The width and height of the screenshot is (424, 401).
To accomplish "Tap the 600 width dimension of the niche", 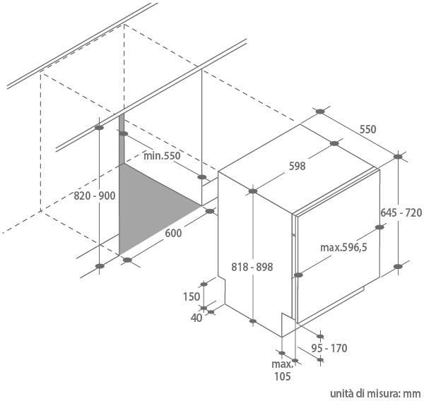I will tap(174, 234).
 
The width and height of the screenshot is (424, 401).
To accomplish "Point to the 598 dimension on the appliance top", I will tap(297, 167).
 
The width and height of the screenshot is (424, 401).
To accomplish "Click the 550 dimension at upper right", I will tap(367, 129).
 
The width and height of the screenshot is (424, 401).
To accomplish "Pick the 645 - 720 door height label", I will tap(401, 213).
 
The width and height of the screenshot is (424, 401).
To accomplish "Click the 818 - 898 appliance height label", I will tap(252, 267).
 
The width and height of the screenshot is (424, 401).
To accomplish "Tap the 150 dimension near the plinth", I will tap(192, 297).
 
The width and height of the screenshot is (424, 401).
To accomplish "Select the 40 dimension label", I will tap(196, 318).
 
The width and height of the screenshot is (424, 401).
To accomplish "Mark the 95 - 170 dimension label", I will tap(330, 348).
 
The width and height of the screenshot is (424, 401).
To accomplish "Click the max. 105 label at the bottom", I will tap(282, 370).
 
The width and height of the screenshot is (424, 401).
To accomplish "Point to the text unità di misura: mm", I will tap(375, 393).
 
